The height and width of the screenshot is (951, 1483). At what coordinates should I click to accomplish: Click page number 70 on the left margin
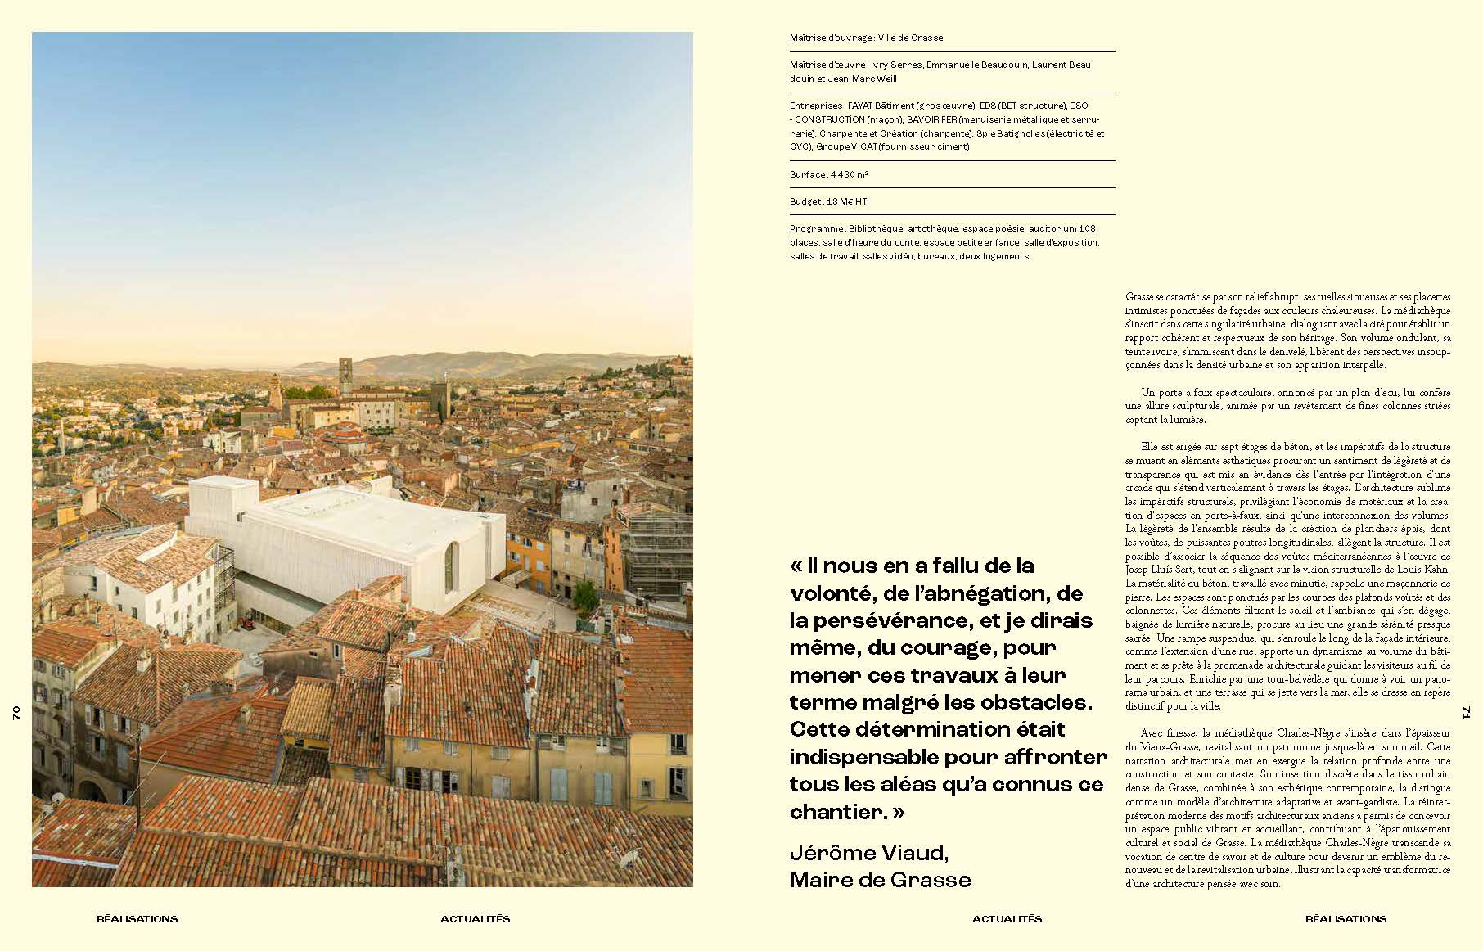[16, 713]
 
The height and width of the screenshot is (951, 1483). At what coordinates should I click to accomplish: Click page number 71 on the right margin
[1467, 713]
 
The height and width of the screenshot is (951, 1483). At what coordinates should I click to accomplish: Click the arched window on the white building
[449, 566]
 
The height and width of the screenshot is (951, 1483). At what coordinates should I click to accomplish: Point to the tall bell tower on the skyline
[345, 376]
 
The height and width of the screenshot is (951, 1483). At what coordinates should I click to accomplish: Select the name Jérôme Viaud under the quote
[868, 853]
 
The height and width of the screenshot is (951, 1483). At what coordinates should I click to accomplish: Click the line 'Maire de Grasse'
[880, 880]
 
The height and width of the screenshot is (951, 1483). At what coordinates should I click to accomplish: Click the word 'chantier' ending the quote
[836, 812]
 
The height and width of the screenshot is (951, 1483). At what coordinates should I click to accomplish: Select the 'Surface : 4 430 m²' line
[828, 174]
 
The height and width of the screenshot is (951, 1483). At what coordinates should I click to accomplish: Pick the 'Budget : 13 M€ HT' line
[828, 201]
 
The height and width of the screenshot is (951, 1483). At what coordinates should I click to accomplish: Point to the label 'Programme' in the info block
[816, 228]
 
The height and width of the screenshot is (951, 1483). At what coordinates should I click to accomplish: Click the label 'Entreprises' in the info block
[816, 106]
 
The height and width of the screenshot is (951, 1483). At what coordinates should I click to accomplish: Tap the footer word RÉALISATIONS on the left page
[137, 918]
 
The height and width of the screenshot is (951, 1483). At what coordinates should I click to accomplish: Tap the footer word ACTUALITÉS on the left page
[475, 918]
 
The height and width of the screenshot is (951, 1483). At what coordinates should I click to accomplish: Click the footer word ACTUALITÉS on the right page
[1007, 918]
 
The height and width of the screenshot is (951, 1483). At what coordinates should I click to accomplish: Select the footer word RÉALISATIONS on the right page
[1346, 918]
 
